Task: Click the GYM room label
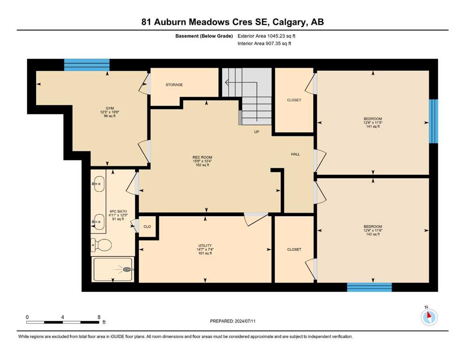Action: (x=110, y=108)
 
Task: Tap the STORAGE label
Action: (x=174, y=84)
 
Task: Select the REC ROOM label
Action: (x=202, y=157)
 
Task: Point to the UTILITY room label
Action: (x=205, y=246)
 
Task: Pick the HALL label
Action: (x=295, y=154)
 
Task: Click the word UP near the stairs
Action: (x=257, y=132)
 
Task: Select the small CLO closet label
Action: (x=148, y=226)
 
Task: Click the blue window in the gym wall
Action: (x=87, y=65)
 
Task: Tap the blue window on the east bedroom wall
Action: (x=434, y=121)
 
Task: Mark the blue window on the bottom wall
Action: (x=369, y=287)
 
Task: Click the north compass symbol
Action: (x=429, y=317)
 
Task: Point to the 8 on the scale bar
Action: (x=99, y=317)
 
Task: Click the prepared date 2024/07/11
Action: (x=245, y=321)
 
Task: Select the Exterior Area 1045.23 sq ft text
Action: (x=266, y=36)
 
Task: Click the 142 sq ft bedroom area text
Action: (x=373, y=234)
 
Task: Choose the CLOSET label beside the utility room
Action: (x=294, y=249)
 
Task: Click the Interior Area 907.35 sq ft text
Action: (x=264, y=43)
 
